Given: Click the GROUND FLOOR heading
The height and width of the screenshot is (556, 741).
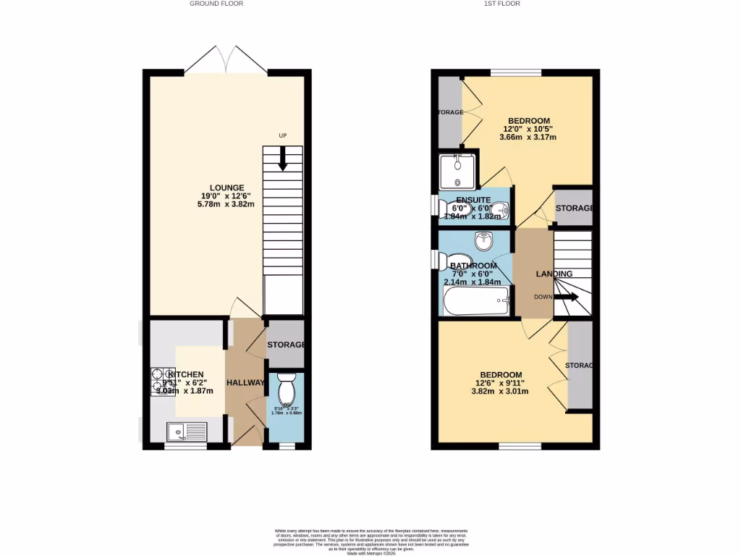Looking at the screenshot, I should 216,4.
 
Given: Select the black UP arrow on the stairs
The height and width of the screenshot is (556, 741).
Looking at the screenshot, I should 283,159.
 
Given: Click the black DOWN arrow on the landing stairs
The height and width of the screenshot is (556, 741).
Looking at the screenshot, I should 569,297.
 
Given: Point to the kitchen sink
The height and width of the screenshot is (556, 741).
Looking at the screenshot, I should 187,432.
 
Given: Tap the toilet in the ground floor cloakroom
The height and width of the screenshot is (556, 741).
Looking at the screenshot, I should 287,390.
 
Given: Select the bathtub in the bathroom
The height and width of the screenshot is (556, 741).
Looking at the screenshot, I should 477,300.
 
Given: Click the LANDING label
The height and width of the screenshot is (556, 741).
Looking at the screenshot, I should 554,274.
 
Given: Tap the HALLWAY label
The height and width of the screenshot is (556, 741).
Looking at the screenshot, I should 246,382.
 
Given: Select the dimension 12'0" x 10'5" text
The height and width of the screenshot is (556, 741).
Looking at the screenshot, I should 528,129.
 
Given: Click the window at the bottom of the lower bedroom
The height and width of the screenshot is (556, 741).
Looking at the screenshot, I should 519,446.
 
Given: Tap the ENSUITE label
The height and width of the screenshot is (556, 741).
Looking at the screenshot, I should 474,200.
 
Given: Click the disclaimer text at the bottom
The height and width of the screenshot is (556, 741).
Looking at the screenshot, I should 370,542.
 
